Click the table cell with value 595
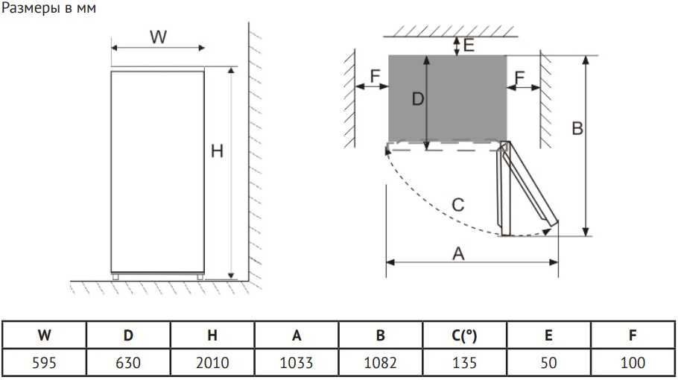click(44, 364)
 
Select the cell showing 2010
click(212, 364)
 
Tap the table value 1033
click(297, 364)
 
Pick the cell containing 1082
click(380, 364)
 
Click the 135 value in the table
click(464, 364)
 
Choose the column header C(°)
click(464, 336)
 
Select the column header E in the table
click(548, 336)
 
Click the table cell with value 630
click(128, 364)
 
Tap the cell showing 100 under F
click(632, 364)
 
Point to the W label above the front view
click(157, 37)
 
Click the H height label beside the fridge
click(217, 151)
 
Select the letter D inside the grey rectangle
click(417, 98)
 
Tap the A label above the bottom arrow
click(459, 253)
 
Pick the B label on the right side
click(577, 129)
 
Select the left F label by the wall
click(375, 76)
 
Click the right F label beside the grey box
click(519, 77)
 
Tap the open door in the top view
click(526, 190)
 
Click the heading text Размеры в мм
click(49, 10)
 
